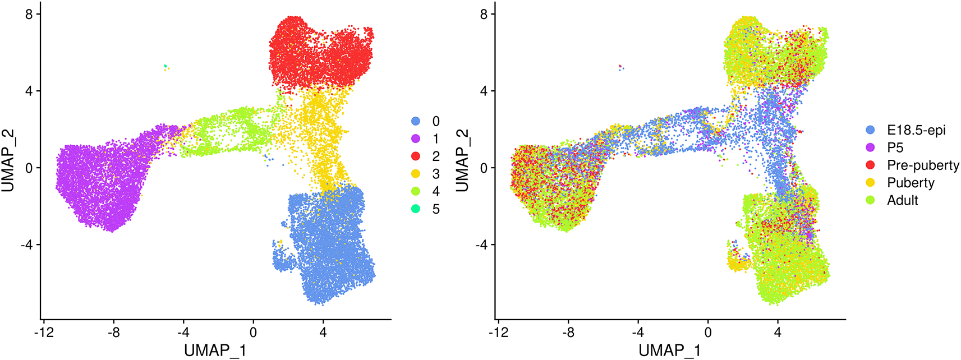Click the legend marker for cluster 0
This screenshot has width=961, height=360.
(416, 121)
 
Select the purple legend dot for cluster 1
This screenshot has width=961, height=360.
(416, 139)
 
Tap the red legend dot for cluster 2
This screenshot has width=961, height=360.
(416, 156)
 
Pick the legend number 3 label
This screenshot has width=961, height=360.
(436, 174)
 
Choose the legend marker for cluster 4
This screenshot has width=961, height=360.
(416, 191)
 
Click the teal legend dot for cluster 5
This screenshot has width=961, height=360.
(416, 209)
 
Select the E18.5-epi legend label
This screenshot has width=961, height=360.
(916, 130)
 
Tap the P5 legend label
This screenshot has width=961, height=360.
(895, 147)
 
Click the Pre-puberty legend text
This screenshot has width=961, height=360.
(923, 165)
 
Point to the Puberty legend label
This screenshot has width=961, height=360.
(911, 183)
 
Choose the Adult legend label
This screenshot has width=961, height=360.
(902, 200)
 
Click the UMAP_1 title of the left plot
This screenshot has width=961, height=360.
(215, 350)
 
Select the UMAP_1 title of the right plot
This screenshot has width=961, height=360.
(669, 350)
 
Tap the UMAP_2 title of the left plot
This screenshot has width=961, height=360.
(8, 160)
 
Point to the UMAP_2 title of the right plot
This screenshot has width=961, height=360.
(462, 160)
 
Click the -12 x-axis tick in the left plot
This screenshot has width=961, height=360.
(43, 333)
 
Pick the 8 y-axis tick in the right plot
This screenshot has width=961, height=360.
(484, 14)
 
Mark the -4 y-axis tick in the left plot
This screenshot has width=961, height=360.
(26, 245)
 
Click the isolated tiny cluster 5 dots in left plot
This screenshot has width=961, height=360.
(165, 67)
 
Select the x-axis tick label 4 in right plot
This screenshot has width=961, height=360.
(778, 333)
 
